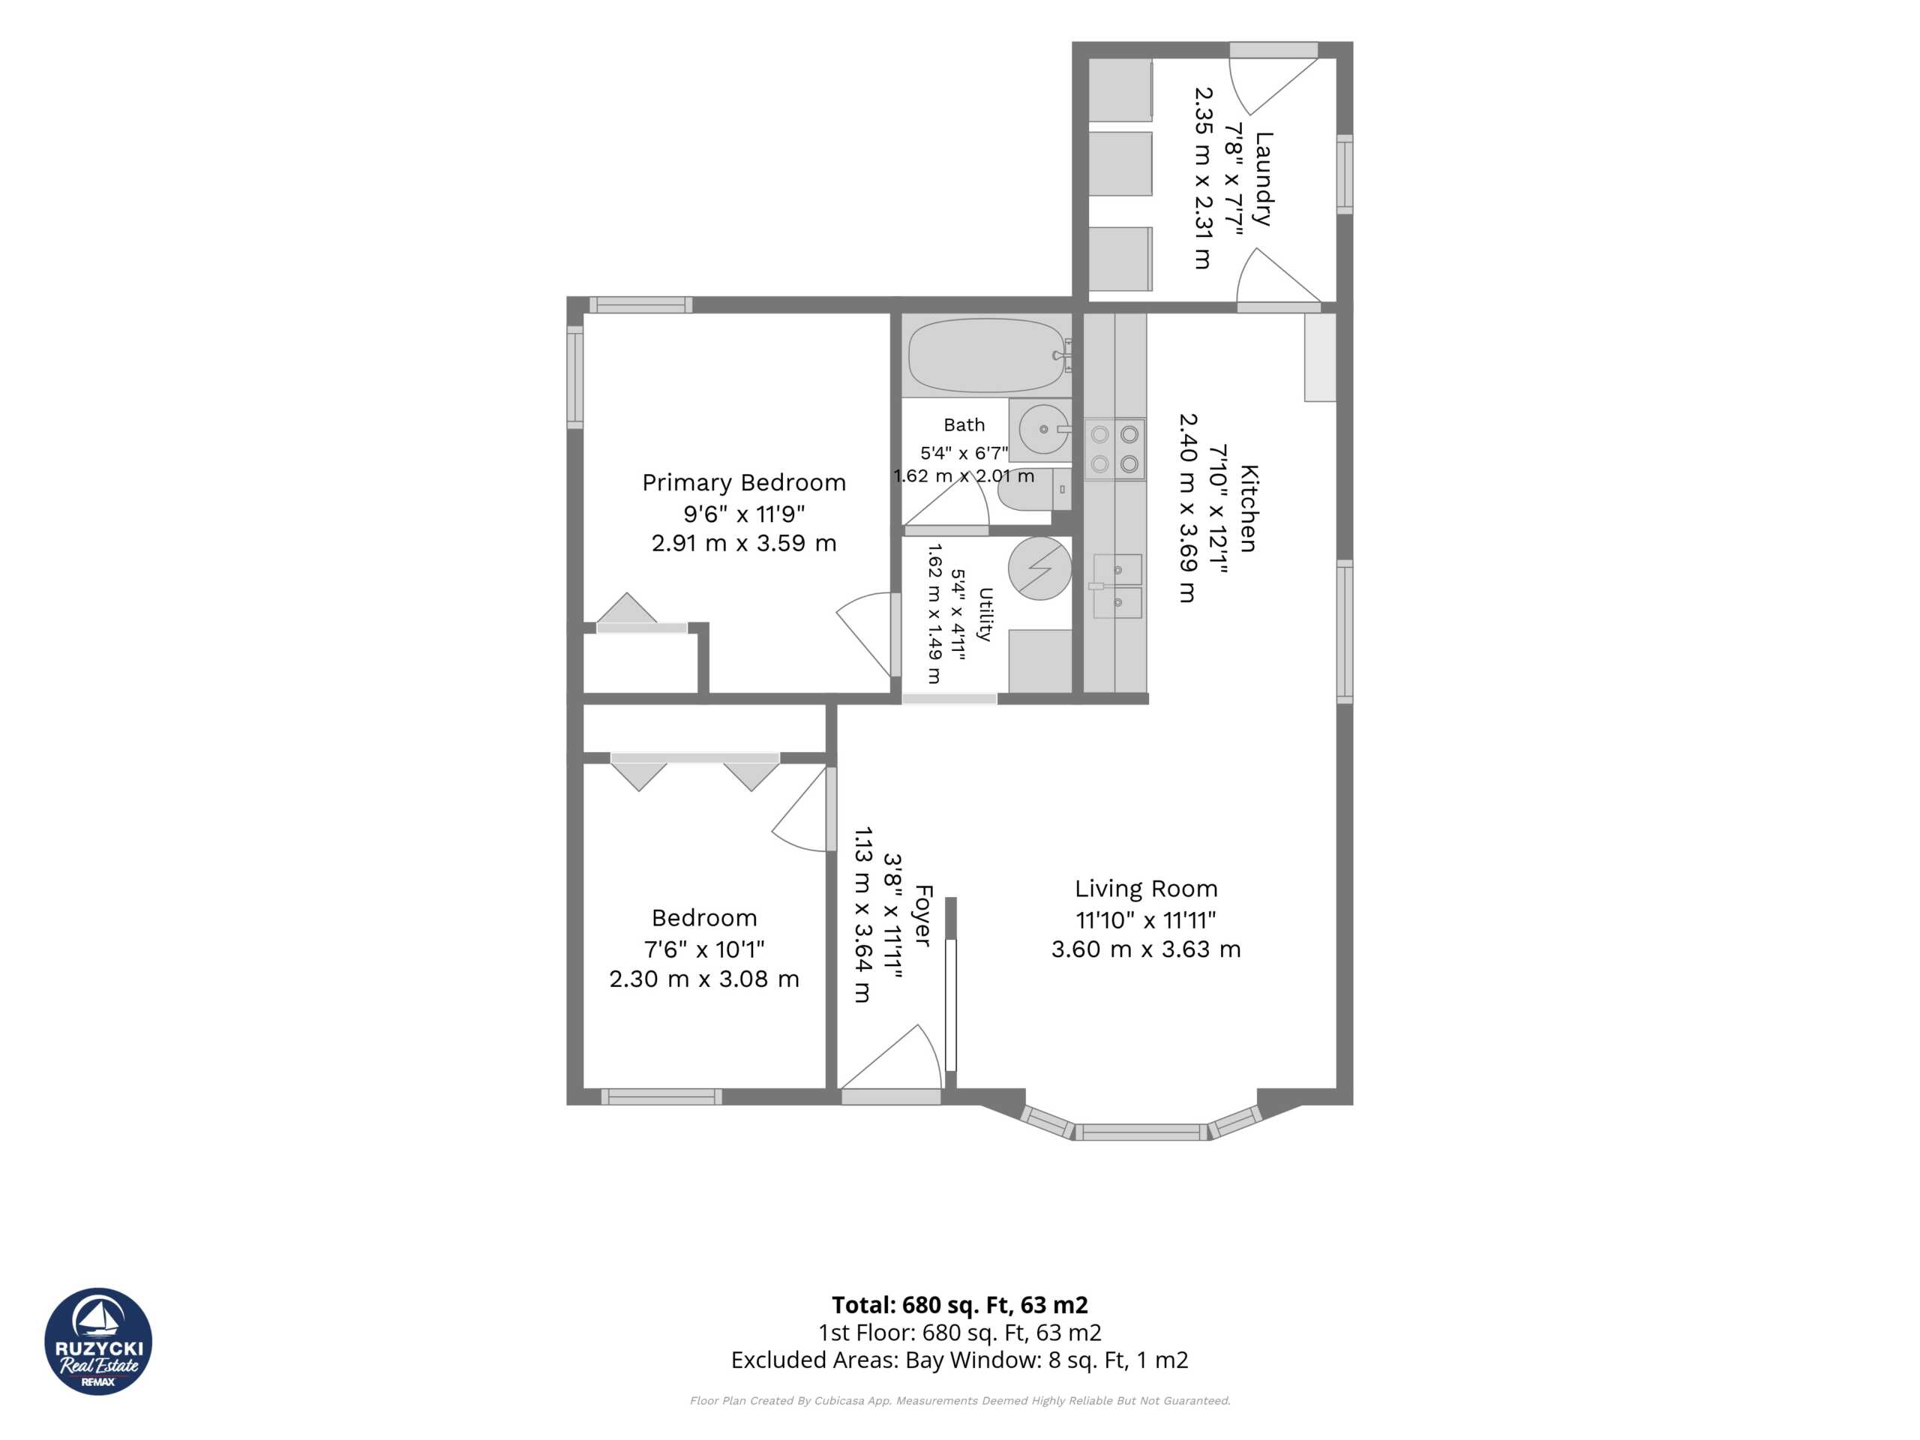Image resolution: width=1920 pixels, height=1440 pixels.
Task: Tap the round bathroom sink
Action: coord(1043,429)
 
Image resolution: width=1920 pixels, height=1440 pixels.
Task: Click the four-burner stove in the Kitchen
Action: coord(1114,448)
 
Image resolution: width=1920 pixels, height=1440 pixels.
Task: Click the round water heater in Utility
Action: coord(1039,568)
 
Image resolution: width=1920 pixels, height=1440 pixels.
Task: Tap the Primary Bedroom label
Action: coord(744,482)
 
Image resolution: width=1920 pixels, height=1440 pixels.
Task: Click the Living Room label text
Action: coord(1146,889)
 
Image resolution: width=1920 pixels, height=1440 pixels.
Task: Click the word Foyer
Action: coord(922,916)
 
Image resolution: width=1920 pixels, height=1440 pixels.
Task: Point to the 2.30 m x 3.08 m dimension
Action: coord(704,979)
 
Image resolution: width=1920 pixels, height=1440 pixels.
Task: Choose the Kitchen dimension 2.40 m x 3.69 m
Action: coord(1186,508)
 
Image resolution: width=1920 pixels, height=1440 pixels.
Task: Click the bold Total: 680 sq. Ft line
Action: coord(959,1304)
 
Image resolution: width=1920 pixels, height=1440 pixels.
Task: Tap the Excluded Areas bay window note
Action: coord(959,1360)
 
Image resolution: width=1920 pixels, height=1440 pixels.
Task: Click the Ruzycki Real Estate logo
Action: coord(98,1341)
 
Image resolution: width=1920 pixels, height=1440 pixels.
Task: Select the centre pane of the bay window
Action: coord(1141,1132)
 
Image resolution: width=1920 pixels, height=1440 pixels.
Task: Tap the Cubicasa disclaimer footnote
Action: coord(960,1401)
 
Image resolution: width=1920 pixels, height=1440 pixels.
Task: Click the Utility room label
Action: coord(984,613)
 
